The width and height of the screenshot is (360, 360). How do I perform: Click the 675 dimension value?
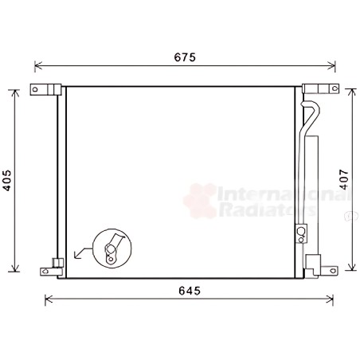(185, 57)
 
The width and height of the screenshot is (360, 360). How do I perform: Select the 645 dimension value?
(190, 291)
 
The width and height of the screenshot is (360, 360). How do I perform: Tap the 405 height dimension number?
(7, 180)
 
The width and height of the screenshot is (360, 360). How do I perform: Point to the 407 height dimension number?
(344, 179)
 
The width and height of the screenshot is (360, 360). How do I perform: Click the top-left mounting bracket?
(45, 89)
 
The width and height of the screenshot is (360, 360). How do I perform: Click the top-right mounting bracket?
(320, 88)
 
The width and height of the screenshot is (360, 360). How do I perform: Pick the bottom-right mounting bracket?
(321, 265)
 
